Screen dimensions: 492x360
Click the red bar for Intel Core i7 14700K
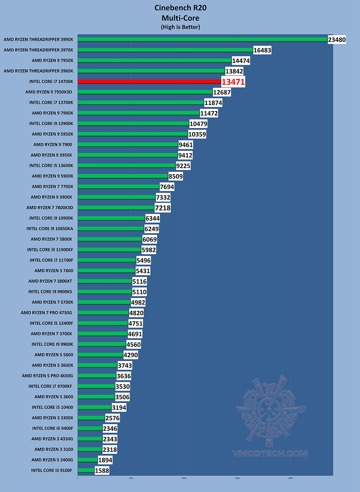(x=149, y=81)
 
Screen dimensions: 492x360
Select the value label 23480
(x=337, y=40)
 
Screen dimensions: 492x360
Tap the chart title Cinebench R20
(x=180, y=8)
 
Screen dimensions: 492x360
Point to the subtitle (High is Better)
(x=180, y=27)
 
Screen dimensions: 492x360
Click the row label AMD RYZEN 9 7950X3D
(x=49, y=92)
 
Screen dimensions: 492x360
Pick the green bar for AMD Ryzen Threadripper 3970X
(x=165, y=50)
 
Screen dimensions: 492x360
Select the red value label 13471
(x=233, y=82)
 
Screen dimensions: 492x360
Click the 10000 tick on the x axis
(x=184, y=478)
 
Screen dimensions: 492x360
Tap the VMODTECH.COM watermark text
(x=270, y=453)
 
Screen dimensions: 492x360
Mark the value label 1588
(x=102, y=471)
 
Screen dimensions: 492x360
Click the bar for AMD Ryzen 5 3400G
(x=88, y=460)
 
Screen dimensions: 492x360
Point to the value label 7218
(x=163, y=208)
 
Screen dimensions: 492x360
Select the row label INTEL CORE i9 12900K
(x=51, y=124)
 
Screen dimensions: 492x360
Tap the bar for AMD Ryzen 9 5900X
(x=123, y=176)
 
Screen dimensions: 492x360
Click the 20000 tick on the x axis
(x=290, y=478)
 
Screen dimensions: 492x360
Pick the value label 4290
(x=131, y=355)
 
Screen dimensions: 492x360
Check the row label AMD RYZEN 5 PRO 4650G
(x=47, y=376)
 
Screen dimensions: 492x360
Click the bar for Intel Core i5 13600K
(x=127, y=166)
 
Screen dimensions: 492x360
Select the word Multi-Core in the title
(x=180, y=18)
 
